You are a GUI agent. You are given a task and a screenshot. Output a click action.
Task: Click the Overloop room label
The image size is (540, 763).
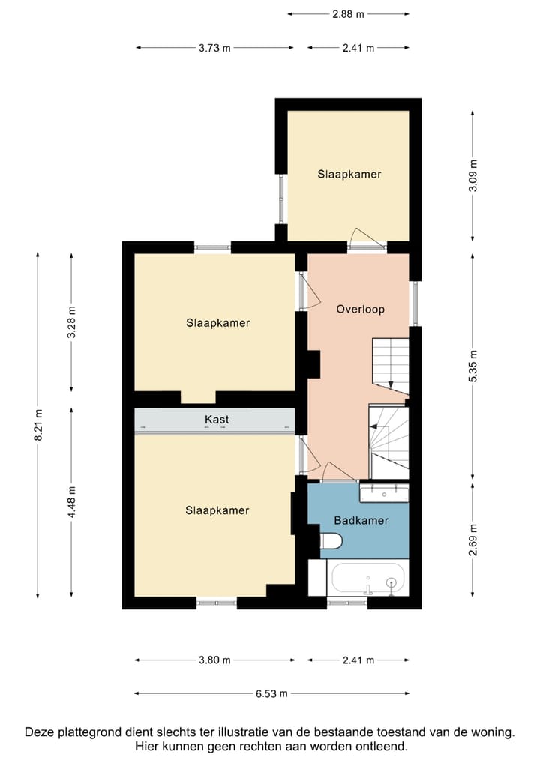click(360, 309)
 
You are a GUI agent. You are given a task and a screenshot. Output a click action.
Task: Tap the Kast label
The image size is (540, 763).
click(217, 420)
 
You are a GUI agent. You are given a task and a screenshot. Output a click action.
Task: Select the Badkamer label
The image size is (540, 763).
click(361, 520)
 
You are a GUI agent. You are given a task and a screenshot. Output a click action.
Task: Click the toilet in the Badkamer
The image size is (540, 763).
click(331, 540)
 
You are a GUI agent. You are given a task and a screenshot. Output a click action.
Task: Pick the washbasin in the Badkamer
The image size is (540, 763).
click(383, 492)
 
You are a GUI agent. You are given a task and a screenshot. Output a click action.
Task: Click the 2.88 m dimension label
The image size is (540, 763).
click(348, 13)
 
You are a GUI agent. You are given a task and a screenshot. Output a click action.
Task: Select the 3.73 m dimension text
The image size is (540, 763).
click(214, 48)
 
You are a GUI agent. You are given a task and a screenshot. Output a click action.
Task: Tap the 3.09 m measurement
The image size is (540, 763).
click(472, 175)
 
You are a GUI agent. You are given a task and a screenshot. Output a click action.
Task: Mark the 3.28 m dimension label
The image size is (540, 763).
click(71, 323)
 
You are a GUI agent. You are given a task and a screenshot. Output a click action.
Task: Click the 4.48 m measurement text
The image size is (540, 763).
click(71, 503)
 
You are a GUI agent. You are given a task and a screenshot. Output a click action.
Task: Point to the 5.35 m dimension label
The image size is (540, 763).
click(472, 367)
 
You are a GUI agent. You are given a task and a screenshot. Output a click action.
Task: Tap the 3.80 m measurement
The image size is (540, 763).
click(214, 660)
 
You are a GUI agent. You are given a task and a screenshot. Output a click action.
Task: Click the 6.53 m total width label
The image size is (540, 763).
click(271, 693)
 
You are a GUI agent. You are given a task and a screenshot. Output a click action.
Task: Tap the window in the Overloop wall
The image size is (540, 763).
click(412, 304)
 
